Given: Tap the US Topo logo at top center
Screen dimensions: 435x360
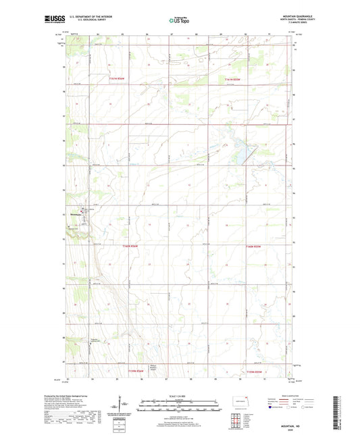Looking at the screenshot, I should (x=179, y=21).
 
